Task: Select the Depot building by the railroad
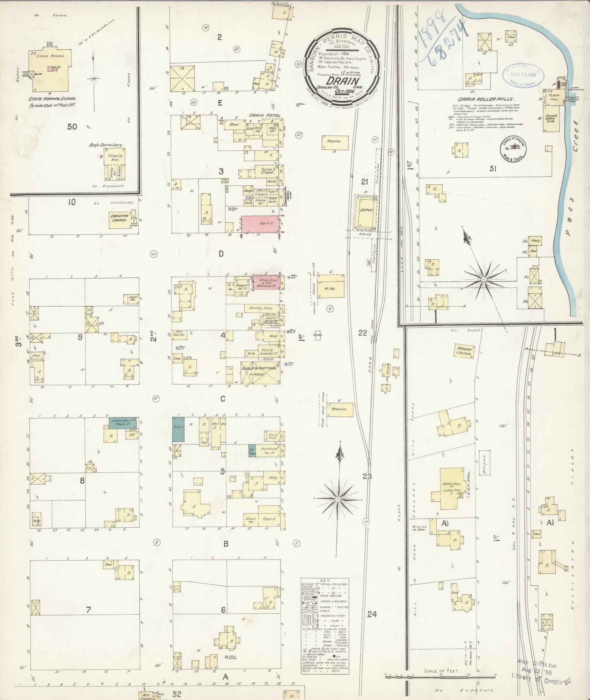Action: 366,213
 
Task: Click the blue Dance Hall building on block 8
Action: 122,421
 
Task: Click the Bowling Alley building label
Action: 263,308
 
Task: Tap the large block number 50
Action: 72,127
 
